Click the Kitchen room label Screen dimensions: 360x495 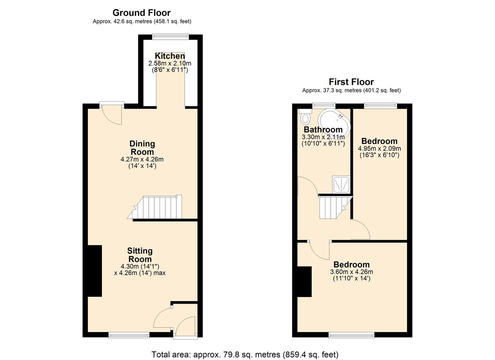170,56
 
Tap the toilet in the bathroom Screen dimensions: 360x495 305,118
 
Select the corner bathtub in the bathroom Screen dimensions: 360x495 334,123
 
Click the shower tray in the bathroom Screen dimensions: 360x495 341,185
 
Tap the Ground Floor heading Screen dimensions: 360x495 141,13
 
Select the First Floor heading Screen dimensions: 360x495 351,82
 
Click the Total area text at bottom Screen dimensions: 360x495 245,354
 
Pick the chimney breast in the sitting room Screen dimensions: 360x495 95,271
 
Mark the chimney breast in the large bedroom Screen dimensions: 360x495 304,281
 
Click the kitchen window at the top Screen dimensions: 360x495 171,36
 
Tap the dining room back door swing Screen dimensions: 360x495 112,115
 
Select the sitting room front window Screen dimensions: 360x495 129,334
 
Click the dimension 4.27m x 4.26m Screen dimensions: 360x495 142,159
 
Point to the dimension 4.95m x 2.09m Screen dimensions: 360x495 379,148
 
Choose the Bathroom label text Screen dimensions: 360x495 323,130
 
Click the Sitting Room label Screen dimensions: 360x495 140,255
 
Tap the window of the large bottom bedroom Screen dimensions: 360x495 351,334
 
